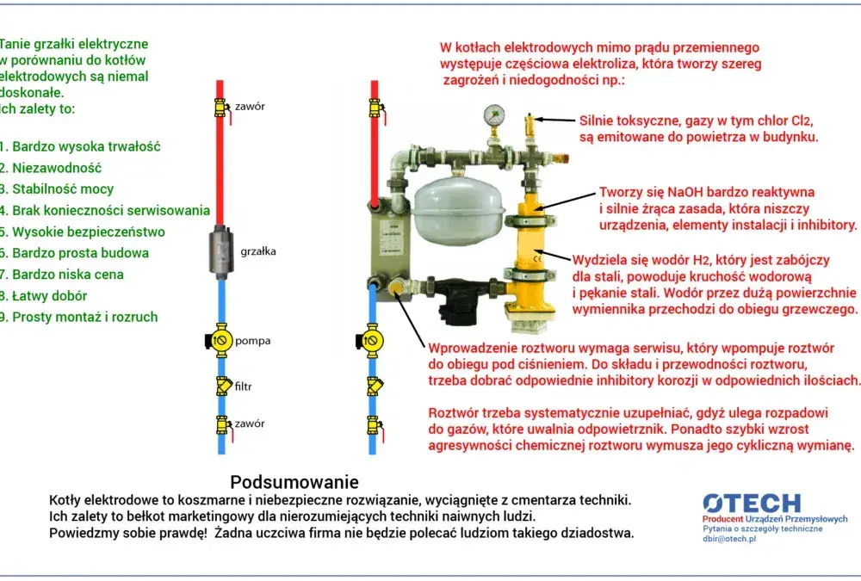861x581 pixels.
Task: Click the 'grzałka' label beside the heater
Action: click(258, 251)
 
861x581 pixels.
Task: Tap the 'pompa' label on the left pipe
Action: click(252, 341)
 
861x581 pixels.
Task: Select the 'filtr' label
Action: click(244, 386)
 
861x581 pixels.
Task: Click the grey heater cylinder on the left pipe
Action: click(221, 251)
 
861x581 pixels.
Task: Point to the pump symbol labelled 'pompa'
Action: click(219, 341)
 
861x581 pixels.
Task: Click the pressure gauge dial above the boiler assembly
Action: click(494, 114)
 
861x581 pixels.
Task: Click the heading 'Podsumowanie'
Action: click(294, 482)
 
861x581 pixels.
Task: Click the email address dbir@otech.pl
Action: click(729, 539)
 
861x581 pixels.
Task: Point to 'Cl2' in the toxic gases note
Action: click(801, 121)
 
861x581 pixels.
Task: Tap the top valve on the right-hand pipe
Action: click(376, 108)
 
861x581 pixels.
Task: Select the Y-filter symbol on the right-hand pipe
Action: click(375, 386)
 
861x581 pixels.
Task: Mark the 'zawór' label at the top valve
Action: click(250, 107)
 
